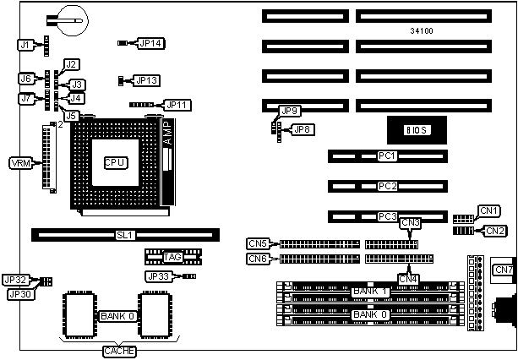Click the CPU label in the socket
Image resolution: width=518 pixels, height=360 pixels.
click(115, 162)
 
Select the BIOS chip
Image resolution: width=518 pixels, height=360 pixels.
click(416, 129)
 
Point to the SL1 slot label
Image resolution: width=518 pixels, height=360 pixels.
click(124, 234)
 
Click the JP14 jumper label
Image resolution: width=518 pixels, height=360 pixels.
click(151, 42)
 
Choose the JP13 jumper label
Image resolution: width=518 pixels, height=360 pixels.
click(147, 80)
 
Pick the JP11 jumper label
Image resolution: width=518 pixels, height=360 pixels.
click(179, 105)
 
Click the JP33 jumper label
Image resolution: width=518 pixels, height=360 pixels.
click(159, 276)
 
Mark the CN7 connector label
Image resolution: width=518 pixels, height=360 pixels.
click(504, 270)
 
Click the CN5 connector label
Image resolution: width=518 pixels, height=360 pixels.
click(259, 243)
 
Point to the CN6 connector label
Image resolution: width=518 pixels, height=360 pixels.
click(259, 259)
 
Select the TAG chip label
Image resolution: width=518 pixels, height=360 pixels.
click(173, 256)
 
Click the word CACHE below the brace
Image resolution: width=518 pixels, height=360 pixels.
click(118, 351)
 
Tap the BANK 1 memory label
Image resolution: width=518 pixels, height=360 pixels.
click(370, 292)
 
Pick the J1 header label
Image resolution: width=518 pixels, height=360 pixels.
click(25, 44)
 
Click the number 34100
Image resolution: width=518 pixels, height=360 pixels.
click(421, 32)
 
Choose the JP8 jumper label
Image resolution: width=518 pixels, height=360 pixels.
click(301, 129)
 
